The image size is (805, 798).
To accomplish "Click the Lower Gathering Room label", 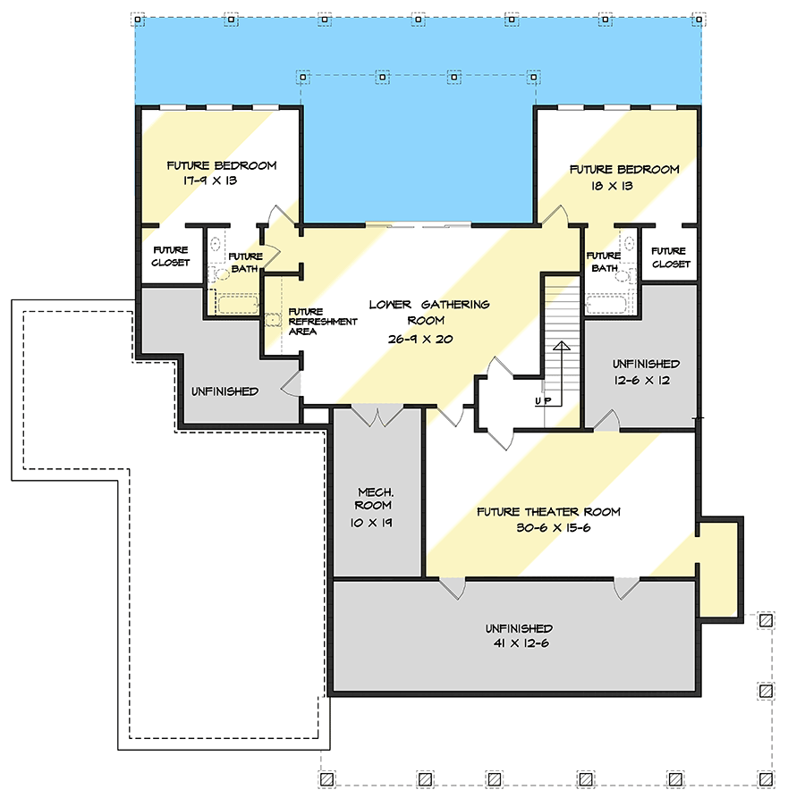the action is [x=429, y=313].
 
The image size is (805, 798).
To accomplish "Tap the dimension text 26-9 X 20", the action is [x=420, y=339].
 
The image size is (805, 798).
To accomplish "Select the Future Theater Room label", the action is [x=548, y=512].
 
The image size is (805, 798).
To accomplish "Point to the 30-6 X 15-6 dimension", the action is [x=554, y=528].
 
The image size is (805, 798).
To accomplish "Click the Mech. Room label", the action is [x=374, y=499].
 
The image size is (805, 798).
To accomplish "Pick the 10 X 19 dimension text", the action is [x=371, y=523].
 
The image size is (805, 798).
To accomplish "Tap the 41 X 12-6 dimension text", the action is [x=521, y=643].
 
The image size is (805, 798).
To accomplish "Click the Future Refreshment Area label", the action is [x=322, y=322].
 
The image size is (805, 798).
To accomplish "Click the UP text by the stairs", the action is [x=543, y=400].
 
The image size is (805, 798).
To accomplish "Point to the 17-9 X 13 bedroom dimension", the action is [x=210, y=181].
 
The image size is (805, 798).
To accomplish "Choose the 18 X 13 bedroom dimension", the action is [x=612, y=186].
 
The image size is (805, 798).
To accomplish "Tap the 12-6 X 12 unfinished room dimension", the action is [x=641, y=380].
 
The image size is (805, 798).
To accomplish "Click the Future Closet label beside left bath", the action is [x=171, y=256].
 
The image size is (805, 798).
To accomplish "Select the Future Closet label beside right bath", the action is [x=671, y=257].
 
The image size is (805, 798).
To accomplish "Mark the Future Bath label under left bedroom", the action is [x=245, y=262].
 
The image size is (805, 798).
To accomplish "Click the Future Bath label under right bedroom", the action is [x=604, y=262].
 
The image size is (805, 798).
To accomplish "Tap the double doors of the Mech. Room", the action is [x=377, y=416].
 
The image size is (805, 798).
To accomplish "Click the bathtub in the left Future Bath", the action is [x=237, y=305].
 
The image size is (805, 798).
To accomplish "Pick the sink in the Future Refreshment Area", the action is [x=273, y=320].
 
